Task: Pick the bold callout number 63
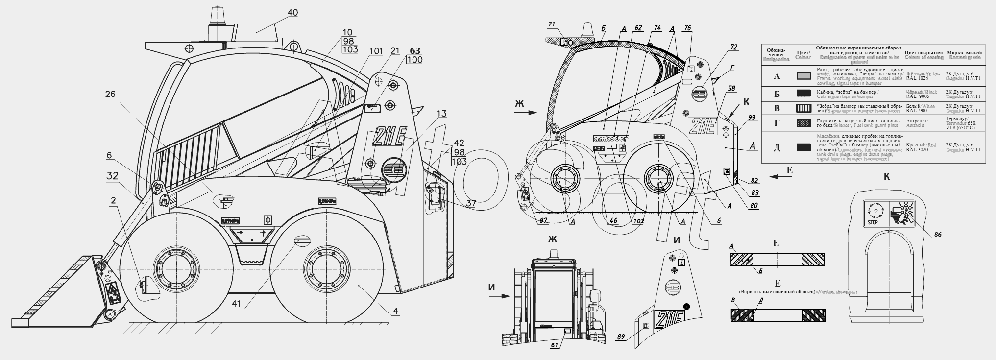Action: (x=414, y=51)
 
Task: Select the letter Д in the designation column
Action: (x=777, y=146)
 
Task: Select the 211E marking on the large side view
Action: (x=389, y=137)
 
